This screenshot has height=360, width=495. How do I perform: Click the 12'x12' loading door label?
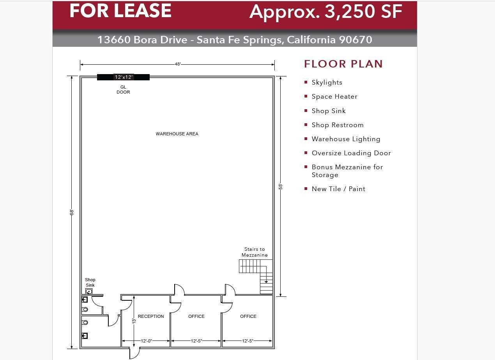point(124,77)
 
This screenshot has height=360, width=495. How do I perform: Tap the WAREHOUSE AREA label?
point(177,134)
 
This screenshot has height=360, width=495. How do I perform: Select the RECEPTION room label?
point(151,316)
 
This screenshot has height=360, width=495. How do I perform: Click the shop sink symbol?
point(89,291)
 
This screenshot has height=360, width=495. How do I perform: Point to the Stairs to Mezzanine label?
point(255,252)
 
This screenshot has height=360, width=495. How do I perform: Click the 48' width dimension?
point(178,64)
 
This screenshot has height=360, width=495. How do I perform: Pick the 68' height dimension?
point(72,213)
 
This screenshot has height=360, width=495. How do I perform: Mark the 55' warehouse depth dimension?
point(281,186)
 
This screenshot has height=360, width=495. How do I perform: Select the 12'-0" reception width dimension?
point(146,341)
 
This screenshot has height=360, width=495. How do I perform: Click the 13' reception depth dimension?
point(134,321)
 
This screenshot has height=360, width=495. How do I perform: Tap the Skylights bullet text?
point(327,82)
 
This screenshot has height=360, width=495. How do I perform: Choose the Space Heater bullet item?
point(334,96)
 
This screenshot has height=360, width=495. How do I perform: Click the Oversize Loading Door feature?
point(351,153)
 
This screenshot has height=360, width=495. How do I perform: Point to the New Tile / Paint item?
point(338,189)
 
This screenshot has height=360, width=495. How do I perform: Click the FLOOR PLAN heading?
point(343,64)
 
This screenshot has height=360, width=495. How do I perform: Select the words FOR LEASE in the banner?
point(120,11)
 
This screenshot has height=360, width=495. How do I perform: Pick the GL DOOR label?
point(123,90)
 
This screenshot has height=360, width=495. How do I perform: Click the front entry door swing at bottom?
point(134,353)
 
